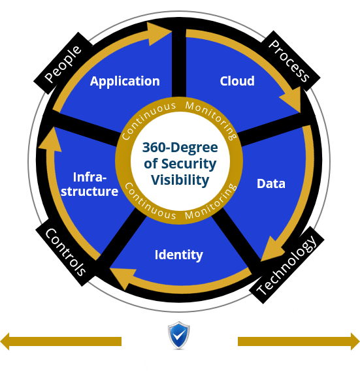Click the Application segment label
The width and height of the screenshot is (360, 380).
(x=125, y=82)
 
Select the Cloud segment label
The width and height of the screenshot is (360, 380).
(x=237, y=81)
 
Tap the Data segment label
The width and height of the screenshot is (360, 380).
(x=271, y=183)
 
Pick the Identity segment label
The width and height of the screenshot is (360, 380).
(x=179, y=255)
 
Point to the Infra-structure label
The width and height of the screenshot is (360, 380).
(x=90, y=184)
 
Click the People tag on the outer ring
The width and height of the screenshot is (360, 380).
(x=63, y=63)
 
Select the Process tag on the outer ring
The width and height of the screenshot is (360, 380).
(x=289, y=61)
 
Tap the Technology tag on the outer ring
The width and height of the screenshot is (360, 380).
(x=286, y=265)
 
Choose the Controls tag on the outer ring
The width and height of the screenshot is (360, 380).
(x=65, y=252)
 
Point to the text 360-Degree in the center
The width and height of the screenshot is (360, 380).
(x=180, y=148)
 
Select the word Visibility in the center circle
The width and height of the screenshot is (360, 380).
(x=180, y=180)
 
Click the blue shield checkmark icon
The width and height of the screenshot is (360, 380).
(x=179, y=335)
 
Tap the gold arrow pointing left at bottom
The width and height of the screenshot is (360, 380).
(x=61, y=341)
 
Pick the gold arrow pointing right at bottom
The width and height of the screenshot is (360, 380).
(x=299, y=341)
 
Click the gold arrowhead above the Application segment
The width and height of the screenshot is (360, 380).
(x=158, y=33)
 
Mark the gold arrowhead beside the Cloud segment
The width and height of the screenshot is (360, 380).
(x=292, y=101)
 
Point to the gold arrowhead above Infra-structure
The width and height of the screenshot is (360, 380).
(x=50, y=140)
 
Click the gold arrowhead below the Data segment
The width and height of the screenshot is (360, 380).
(x=271, y=249)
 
